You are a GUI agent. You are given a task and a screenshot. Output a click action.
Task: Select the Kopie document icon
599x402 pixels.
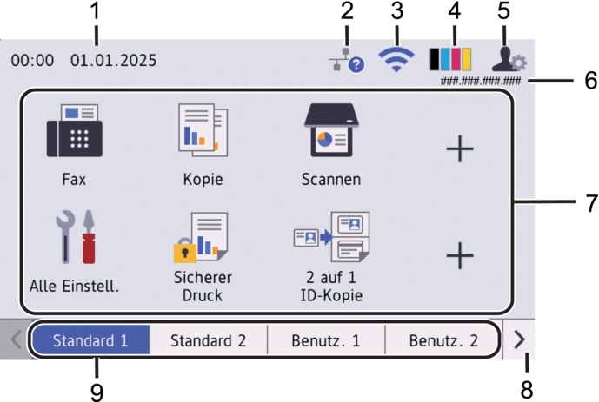click(x=203, y=132)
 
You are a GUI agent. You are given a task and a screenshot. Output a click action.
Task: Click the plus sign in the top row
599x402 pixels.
click(x=460, y=149)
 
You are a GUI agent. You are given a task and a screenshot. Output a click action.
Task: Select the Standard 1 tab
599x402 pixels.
click(x=90, y=340)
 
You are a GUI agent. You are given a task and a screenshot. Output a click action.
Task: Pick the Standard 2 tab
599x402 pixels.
click(x=208, y=340)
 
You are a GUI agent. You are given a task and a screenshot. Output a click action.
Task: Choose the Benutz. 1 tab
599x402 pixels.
click(x=326, y=340)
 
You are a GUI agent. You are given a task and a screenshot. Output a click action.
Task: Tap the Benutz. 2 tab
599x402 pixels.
click(x=443, y=340)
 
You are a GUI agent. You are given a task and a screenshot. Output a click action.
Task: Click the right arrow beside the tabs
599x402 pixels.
click(x=520, y=340)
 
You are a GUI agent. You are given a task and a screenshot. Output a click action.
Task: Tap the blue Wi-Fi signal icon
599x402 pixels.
click(x=396, y=59)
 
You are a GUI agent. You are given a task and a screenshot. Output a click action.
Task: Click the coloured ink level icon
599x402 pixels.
click(x=450, y=59)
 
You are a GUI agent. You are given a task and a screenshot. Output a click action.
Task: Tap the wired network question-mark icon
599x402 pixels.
click(x=346, y=61)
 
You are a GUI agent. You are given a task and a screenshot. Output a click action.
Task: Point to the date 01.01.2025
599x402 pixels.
click(x=113, y=61)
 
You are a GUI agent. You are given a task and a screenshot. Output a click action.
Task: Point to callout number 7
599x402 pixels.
click(x=590, y=203)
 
